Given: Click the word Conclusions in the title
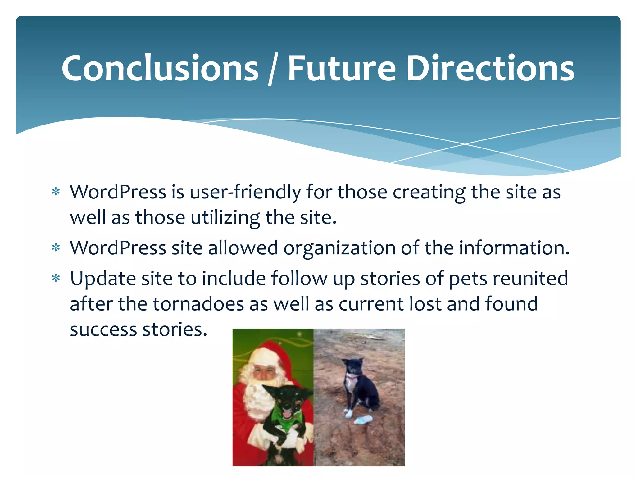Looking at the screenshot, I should coord(160,68).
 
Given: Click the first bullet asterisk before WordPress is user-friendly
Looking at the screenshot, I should coord(56,192).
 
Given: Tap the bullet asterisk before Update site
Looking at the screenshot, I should coord(56,278).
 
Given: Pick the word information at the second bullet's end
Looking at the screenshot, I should coord(514,248).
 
